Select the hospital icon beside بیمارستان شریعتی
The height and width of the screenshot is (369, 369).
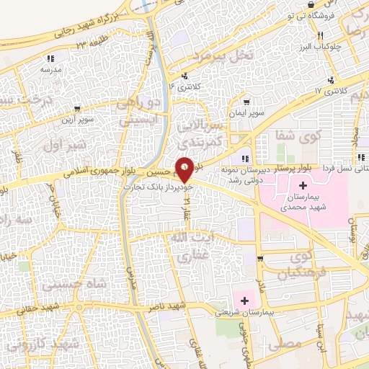(244, 301)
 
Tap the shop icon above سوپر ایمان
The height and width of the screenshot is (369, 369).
(247, 102)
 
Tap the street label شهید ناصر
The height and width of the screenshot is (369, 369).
(167, 307)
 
